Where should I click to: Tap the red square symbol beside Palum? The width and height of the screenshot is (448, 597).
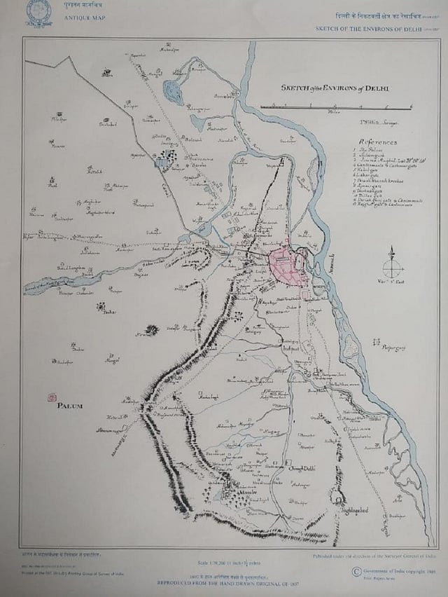[51, 397]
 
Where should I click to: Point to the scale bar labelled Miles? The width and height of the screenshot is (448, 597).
[335, 107]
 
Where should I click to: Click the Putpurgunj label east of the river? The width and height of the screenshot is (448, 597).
[391, 345]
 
